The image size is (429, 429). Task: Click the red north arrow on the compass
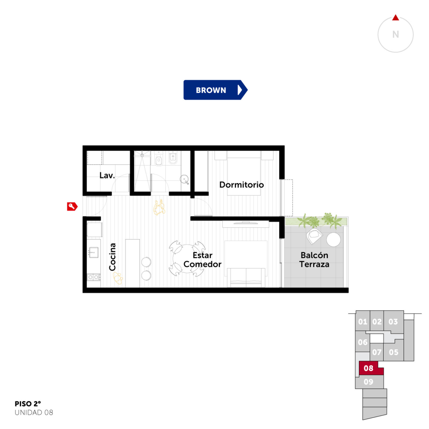[x=395, y=18]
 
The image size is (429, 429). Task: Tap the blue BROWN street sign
[x=215, y=90]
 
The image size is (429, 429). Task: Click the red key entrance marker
[x=72, y=206]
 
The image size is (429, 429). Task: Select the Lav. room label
[x=107, y=175]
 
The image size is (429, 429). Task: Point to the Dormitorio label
[x=241, y=184]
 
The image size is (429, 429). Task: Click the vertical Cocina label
[x=112, y=257]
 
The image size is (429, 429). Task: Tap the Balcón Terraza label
[x=314, y=260]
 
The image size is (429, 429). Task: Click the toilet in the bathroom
[x=159, y=160]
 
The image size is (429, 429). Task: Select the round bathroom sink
[x=184, y=179]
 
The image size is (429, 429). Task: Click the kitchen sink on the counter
[x=94, y=252]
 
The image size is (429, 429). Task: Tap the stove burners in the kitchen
[x=94, y=277]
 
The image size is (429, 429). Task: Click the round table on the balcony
[x=333, y=239]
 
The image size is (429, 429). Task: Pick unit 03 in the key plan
[x=393, y=321]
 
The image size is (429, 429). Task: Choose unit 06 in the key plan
[x=362, y=342]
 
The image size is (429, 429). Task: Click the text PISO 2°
[x=28, y=404]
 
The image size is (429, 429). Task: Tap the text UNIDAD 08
[x=34, y=412]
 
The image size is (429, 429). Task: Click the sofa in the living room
[x=246, y=277]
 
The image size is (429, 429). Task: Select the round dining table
[x=186, y=258]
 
